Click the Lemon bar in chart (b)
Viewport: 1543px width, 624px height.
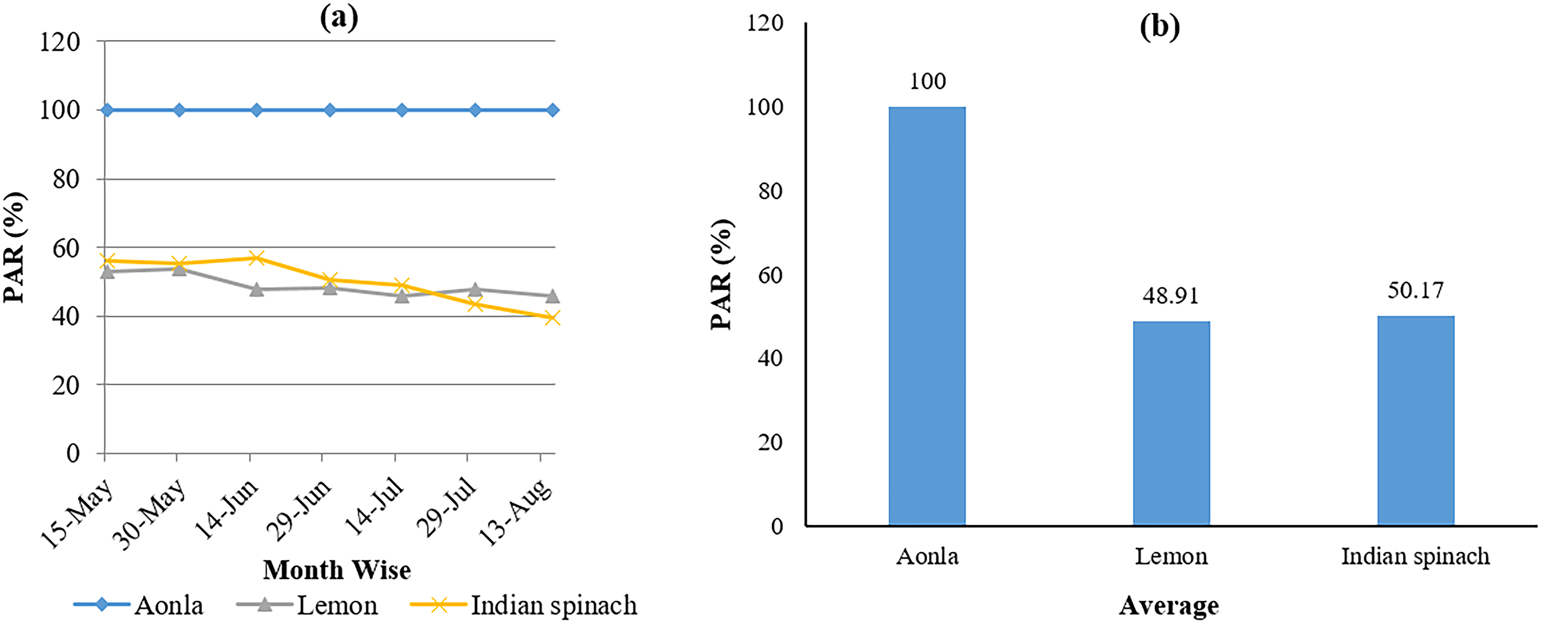click(x=1171, y=423)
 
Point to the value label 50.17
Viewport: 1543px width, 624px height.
click(x=1416, y=290)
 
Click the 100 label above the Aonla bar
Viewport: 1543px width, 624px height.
click(x=927, y=81)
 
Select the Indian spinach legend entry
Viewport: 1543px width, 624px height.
click(x=523, y=606)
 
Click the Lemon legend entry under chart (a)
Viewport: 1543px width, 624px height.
click(x=307, y=606)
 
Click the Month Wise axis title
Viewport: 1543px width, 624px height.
click(x=337, y=570)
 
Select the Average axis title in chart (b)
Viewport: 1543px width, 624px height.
click(x=1169, y=606)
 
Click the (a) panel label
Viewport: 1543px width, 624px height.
click(x=339, y=18)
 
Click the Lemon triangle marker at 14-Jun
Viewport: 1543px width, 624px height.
click(x=256, y=289)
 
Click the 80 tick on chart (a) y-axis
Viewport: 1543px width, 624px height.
click(x=66, y=179)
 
